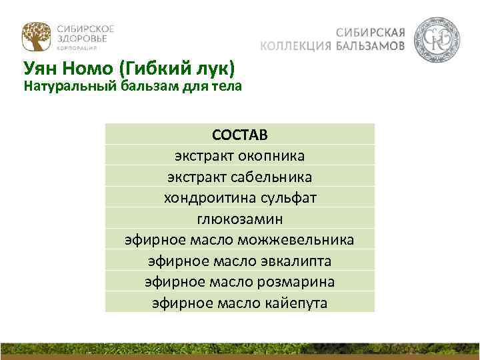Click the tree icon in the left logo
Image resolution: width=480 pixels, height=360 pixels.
click(x=35, y=37)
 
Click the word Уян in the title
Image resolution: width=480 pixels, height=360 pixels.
click(x=44, y=69)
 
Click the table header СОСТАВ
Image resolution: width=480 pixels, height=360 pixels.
click(x=240, y=135)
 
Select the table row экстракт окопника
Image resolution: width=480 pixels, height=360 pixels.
click(x=240, y=156)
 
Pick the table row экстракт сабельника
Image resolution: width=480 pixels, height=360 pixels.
click(x=240, y=177)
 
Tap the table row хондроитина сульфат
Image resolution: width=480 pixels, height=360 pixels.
click(x=240, y=197)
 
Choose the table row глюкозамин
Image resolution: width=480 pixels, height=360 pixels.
click(x=240, y=218)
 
